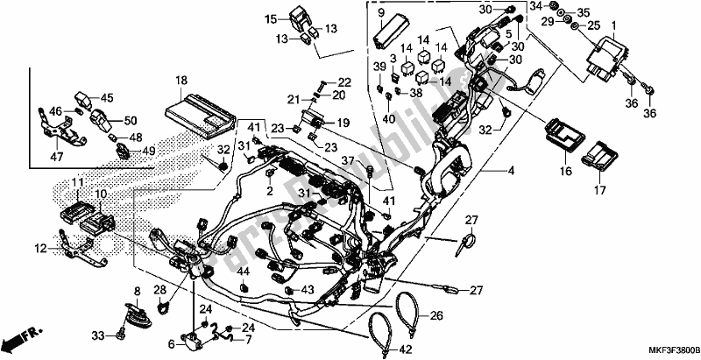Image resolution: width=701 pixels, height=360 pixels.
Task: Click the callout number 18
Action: pyautogui.click(x=181, y=81)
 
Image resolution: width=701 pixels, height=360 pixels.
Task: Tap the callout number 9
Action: pyautogui.click(x=382, y=13)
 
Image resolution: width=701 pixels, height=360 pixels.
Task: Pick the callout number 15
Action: pyautogui.click(x=272, y=19)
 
